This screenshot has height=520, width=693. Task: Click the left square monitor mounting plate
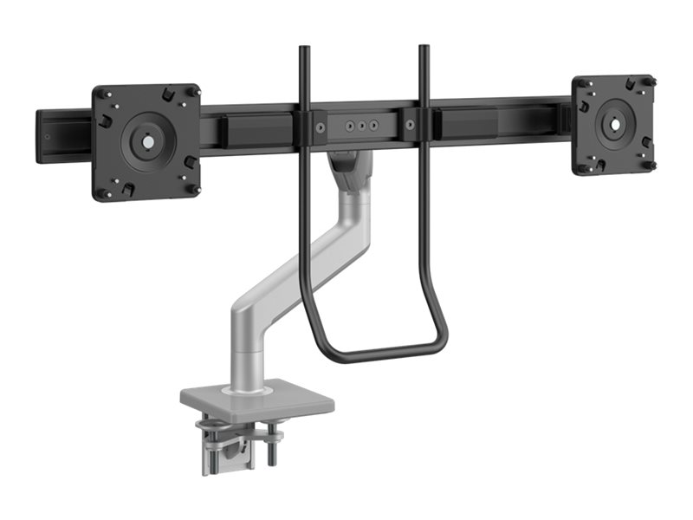[x=146, y=141]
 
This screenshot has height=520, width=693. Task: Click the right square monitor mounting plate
[x=613, y=123]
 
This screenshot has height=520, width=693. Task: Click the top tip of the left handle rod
[x=304, y=49]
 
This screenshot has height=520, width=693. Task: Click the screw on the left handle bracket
[x=321, y=127]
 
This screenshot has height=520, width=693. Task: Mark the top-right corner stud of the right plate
[x=648, y=81]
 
